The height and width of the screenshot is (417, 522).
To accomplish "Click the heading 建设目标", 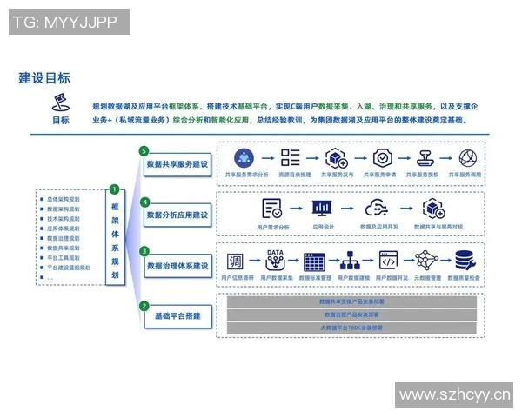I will (x=44, y=78).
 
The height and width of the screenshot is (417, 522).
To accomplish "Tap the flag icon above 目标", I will (x=61, y=101).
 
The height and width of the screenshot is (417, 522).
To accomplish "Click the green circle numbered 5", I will (x=144, y=151).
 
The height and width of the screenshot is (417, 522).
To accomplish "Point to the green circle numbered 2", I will (x=144, y=304).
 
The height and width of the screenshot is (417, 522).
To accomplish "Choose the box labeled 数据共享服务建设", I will (x=177, y=163).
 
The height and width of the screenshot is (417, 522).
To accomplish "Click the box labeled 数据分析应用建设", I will (x=177, y=214).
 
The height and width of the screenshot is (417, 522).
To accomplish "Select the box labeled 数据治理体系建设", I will (x=177, y=265).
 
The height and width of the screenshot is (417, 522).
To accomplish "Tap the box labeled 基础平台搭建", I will (x=177, y=316).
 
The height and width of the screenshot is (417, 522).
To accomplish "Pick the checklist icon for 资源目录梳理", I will (x=290, y=158).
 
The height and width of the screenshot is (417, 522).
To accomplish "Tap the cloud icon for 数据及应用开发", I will (x=377, y=208).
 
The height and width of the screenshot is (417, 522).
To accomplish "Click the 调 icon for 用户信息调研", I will (x=236, y=260).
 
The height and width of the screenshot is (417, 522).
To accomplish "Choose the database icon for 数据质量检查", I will (x=465, y=260).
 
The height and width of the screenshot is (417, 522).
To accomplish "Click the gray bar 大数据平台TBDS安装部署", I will (x=351, y=328).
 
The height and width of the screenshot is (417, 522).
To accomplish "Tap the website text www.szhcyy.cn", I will (x=453, y=396).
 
